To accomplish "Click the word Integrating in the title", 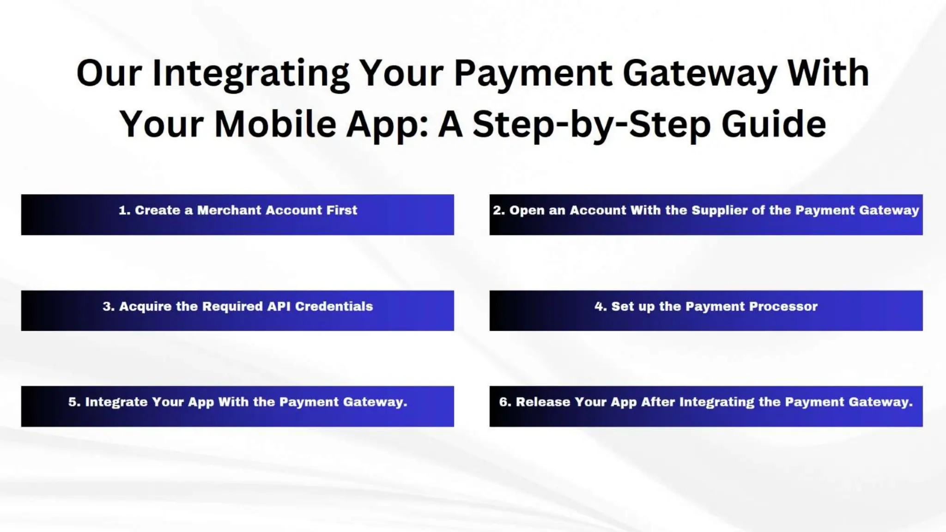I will [x=251, y=74].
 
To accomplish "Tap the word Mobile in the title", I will [x=275, y=124].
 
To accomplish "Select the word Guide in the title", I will [x=774, y=124].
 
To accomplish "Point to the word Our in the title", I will [x=109, y=74].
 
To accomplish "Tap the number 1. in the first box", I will [x=124, y=211].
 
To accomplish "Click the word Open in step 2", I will [x=521, y=211].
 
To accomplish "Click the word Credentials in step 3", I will [x=334, y=307].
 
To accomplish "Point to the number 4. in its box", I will [x=600, y=307].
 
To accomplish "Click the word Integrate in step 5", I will [x=116, y=402].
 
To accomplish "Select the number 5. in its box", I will [x=74, y=402].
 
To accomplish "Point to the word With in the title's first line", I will [x=828, y=74].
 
